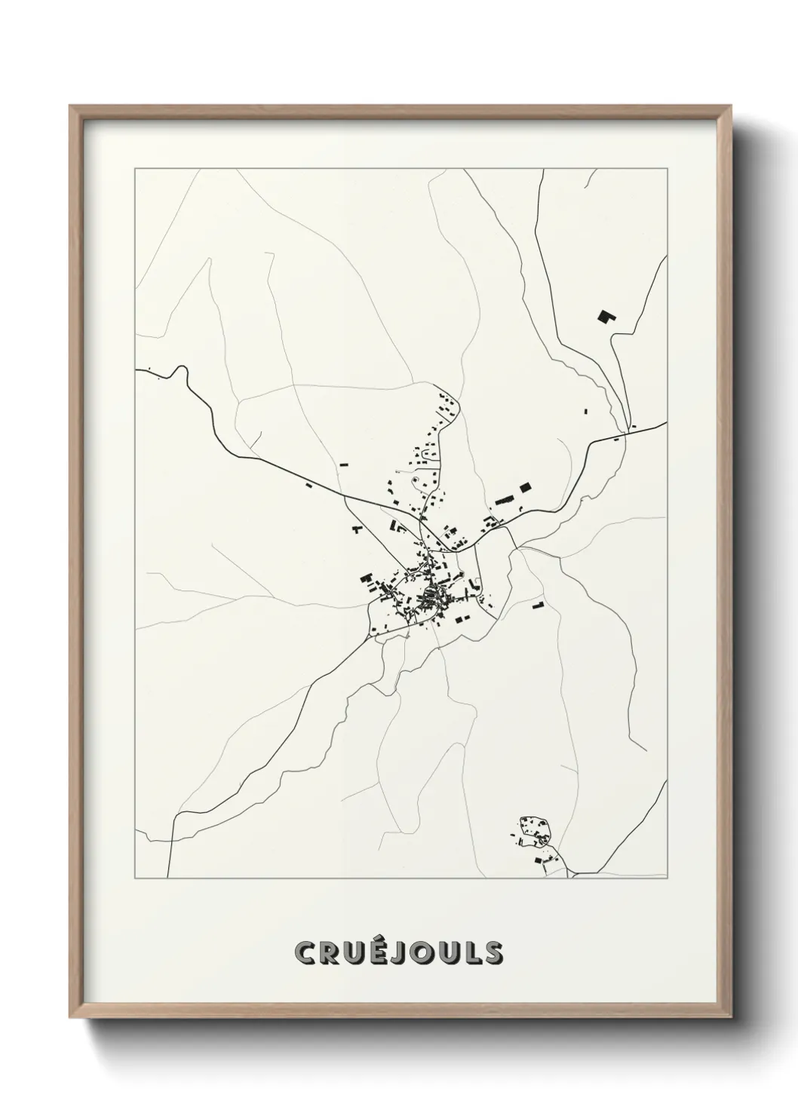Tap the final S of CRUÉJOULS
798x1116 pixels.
tap(495, 954)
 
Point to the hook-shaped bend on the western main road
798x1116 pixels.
tap(180, 371)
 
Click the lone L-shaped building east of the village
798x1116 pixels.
tap(538, 605)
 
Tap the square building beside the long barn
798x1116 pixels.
tap(525, 488)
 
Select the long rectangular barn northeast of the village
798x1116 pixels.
tap(504, 499)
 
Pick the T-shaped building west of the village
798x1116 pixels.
tap(356, 529)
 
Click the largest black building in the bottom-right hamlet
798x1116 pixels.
tap(539, 859)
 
